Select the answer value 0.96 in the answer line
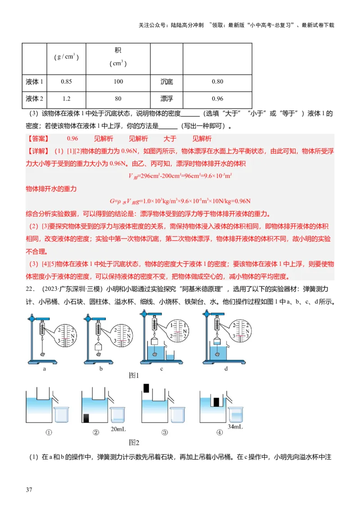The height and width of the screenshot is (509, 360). click(72, 139)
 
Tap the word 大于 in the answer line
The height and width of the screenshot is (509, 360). click(170, 139)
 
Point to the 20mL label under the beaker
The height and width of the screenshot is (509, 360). click(118, 429)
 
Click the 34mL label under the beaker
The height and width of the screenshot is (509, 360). click(235, 426)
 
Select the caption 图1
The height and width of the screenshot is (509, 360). click(134, 375)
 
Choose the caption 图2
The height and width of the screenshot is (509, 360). click(134, 442)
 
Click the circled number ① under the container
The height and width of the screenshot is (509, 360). click(49, 433)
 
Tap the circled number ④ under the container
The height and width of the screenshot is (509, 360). click(219, 433)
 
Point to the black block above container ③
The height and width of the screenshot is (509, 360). click(146, 388)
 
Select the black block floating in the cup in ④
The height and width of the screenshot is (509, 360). click(216, 402)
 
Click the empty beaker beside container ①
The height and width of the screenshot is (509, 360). click(61, 415)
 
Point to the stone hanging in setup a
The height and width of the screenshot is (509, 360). click(43, 354)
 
